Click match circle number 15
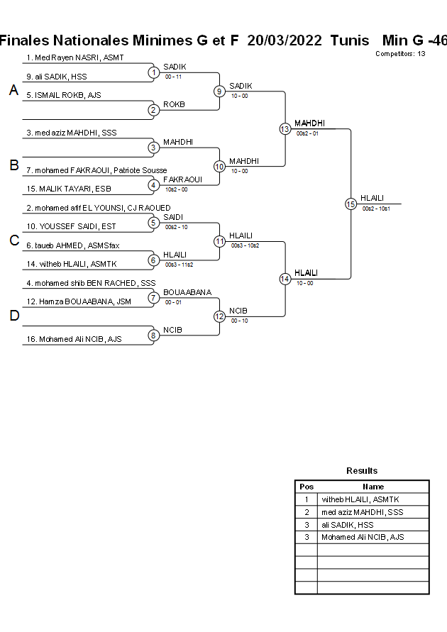351,204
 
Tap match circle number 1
153,72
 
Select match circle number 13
285,128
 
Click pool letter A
13,91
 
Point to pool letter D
13,316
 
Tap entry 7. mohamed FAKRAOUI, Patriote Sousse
96,170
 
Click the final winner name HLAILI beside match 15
372,198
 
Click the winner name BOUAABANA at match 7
187,292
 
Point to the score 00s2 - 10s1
376,209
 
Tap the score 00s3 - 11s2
180,264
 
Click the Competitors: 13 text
400,53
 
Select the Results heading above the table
362,471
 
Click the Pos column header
307,487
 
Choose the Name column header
373,487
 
